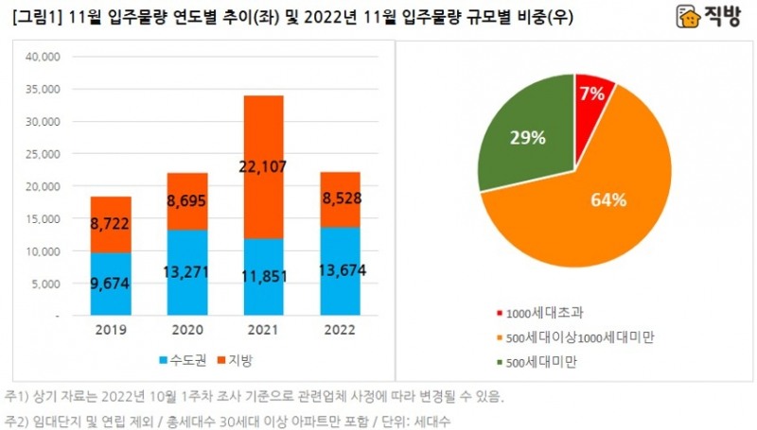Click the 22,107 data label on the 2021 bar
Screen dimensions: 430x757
point(263,167)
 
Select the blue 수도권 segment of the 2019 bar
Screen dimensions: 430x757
point(111,284)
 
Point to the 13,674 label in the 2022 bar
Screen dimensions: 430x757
point(340,271)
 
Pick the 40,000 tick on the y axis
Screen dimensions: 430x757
point(41,57)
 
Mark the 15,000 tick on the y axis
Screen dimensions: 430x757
point(41,219)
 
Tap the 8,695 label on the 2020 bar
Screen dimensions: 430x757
point(186,200)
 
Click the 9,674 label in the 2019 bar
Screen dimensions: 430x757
point(111,283)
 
